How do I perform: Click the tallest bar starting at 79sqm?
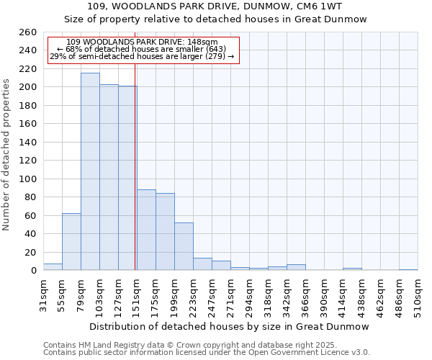90,171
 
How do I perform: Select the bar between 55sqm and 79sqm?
71,241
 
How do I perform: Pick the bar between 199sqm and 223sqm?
184,246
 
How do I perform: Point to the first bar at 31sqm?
53,267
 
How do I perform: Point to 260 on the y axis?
27,32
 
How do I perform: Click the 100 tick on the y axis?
27,179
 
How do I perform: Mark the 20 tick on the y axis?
30,252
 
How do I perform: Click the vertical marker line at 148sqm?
135,180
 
